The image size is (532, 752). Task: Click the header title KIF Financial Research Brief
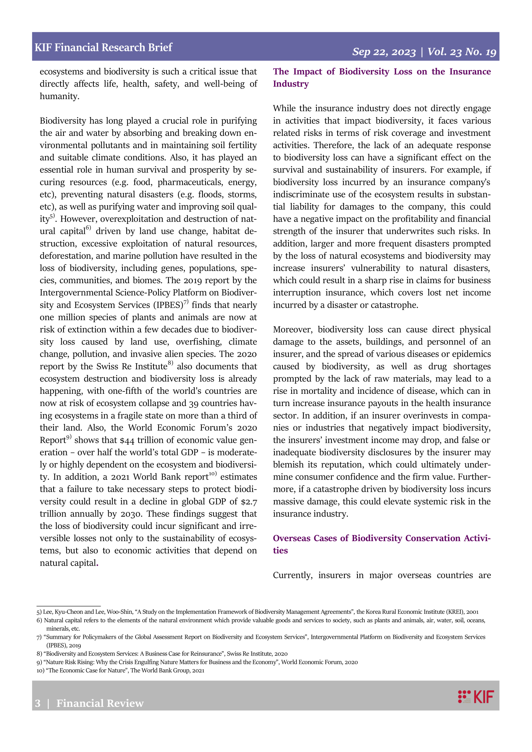[103, 47]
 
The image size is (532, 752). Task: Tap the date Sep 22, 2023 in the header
[384, 52]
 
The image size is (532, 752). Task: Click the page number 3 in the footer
[38, 703]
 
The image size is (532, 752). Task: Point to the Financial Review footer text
[100, 703]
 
